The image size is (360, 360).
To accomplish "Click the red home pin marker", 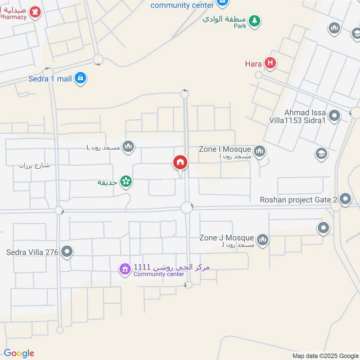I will click(180, 162).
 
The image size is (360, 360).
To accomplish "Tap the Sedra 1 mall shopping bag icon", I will click(81, 78).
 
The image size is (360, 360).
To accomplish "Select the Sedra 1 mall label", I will click(50, 79).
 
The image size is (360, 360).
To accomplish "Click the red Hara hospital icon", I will click(270, 63).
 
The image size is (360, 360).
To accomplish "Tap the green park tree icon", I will click(255, 21).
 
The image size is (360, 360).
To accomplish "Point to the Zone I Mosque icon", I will click(260, 151).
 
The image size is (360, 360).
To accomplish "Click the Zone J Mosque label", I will click(226, 238).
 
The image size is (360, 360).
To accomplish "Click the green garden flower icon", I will click(126, 181).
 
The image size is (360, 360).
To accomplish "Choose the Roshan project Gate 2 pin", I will click(345, 198).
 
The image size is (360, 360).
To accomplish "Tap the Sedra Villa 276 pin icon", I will click(67, 252).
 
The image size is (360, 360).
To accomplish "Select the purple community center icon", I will click(125, 269).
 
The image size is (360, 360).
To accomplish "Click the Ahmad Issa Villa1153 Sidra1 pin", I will click(334, 116).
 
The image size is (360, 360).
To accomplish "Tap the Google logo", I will click(19, 353).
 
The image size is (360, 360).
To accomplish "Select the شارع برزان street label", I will click(34, 165).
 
